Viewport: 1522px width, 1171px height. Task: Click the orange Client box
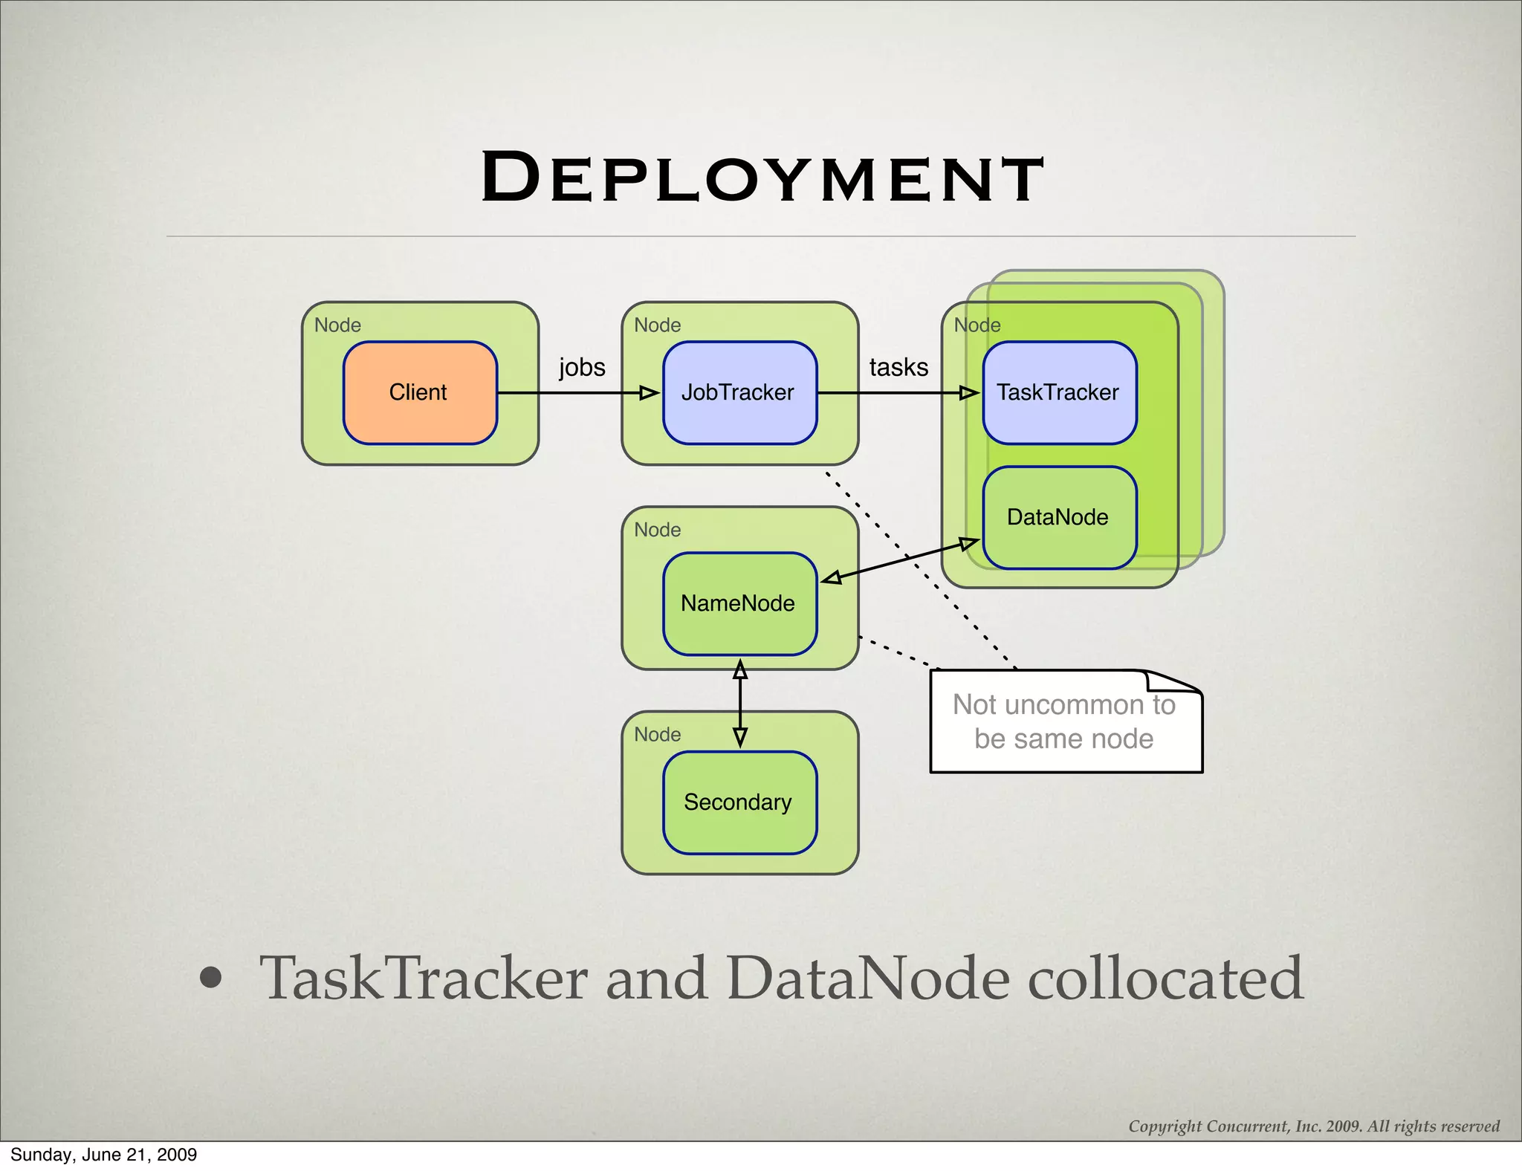click(420, 392)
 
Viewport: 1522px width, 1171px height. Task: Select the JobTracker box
click(739, 392)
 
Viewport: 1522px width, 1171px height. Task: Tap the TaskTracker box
click(1059, 392)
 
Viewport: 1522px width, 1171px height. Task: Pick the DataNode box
click(1059, 517)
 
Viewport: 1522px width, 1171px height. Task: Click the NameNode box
click(739, 603)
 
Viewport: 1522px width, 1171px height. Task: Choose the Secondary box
click(739, 802)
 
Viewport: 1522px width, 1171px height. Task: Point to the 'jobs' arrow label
click(582, 367)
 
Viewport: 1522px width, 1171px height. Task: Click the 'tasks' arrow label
click(898, 367)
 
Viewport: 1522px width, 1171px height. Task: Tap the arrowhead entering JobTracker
click(650, 393)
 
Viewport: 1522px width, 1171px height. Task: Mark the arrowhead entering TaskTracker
click(969, 393)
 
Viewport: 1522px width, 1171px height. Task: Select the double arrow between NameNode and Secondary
click(740, 703)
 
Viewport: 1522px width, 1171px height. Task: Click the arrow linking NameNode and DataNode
click(900, 561)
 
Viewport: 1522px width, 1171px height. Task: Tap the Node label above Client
click(337, 325)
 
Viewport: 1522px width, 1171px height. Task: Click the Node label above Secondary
click(657, 735)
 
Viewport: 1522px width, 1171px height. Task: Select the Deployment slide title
click(762, 178)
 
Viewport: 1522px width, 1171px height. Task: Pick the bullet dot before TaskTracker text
click(211, 979)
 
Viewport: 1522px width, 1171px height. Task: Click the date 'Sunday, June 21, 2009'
click(104, 1155)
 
